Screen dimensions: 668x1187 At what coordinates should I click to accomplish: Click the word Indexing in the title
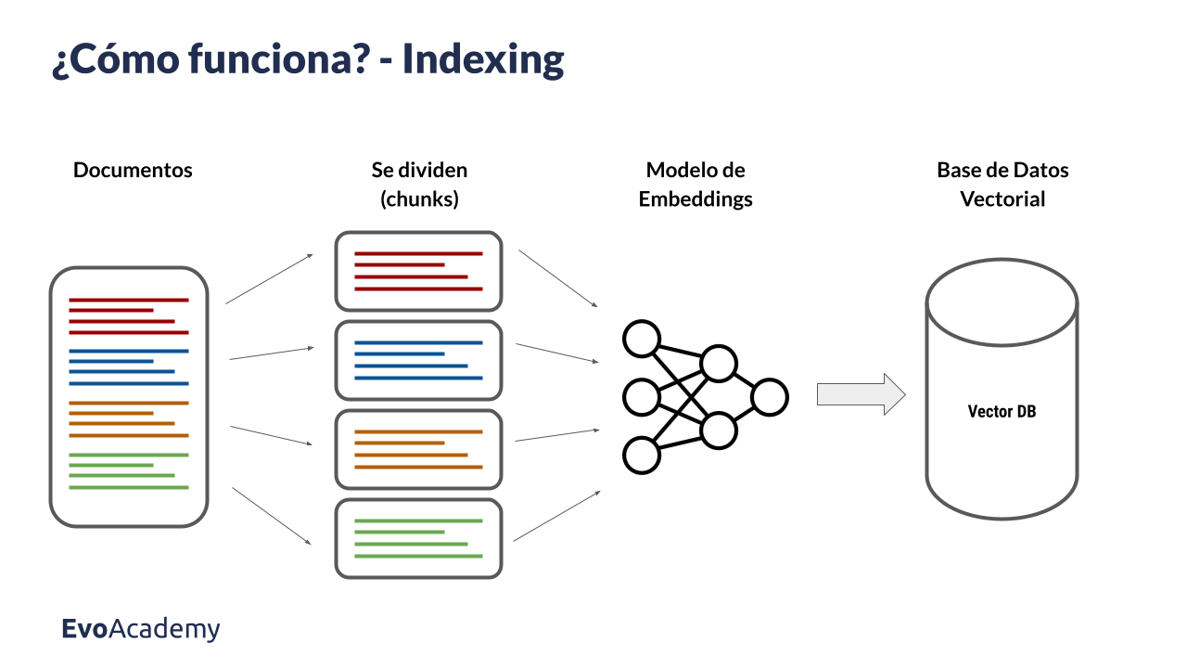point(483,60)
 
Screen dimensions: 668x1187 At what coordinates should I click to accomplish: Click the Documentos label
point(133,171)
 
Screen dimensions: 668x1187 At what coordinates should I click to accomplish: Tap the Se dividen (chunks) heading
point(419,185)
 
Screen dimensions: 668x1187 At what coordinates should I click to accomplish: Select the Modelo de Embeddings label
point(696,185)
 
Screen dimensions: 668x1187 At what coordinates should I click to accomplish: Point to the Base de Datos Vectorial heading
point(1002,185)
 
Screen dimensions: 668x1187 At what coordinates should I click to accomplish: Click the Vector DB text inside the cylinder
point(1002,412)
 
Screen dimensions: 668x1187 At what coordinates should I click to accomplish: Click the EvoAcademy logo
point(141,629)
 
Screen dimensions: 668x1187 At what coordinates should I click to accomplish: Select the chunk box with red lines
point(418,271)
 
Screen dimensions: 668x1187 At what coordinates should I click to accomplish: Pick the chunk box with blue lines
point(418,360)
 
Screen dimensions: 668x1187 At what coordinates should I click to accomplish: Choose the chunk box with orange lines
point(418,449)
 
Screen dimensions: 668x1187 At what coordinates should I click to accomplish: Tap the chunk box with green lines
point(418,538)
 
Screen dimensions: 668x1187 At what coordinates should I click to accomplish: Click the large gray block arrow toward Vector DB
point(861,394)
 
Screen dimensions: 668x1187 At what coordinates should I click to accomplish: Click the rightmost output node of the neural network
point(770,397)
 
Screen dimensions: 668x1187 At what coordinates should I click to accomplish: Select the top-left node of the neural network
point(641,339)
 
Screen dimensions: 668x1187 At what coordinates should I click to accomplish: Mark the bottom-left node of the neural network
point(641,456)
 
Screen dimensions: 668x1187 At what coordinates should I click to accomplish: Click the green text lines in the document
point(128,471)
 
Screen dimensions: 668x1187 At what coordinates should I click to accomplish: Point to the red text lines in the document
point(128,315)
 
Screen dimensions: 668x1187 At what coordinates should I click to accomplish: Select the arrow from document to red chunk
point(269,278)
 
